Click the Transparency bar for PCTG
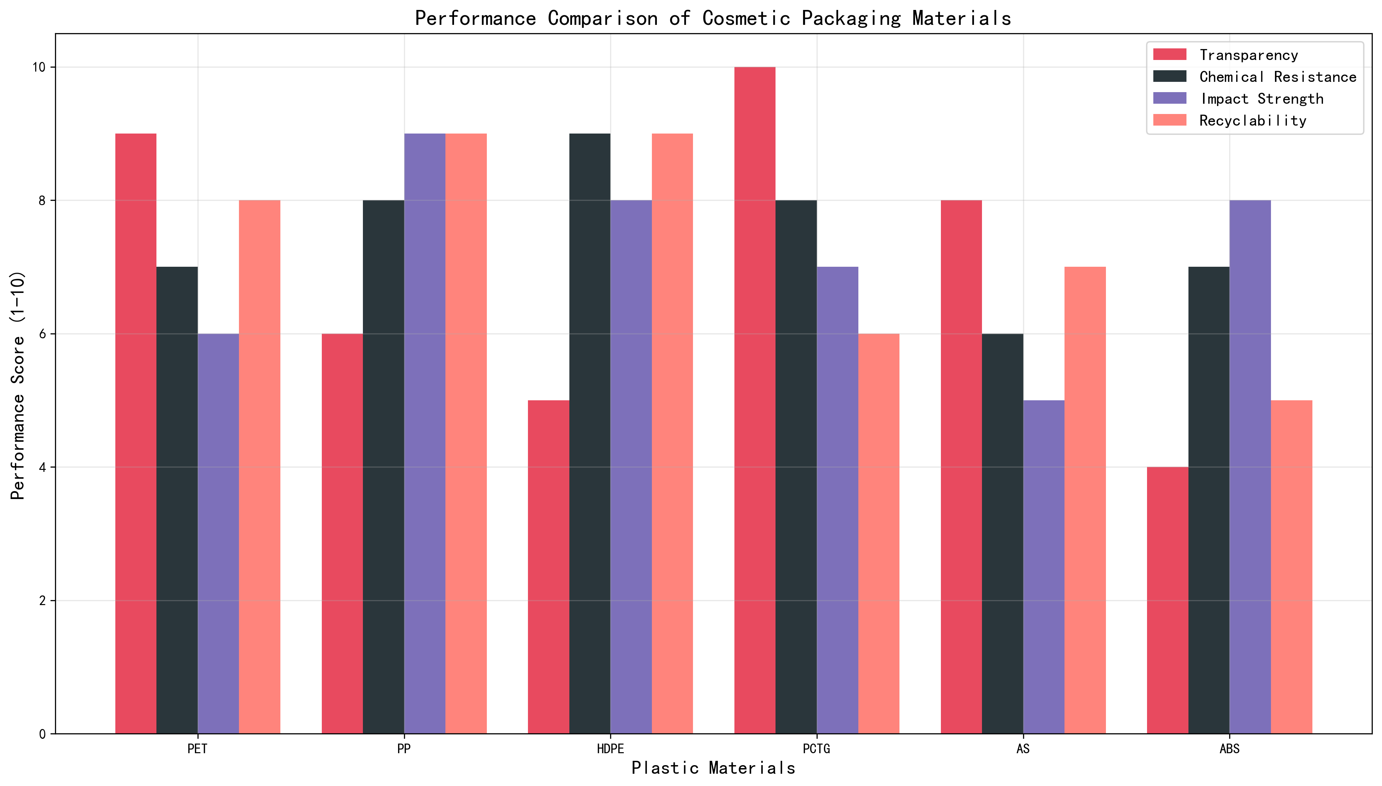pos(755,400)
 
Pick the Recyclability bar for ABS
pos(1291,567)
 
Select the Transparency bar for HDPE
pos(548,567)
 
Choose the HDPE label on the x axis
pos(610,749)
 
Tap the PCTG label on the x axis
pos(816,749)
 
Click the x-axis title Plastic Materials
pos(713,768)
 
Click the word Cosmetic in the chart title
pos(746,18)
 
